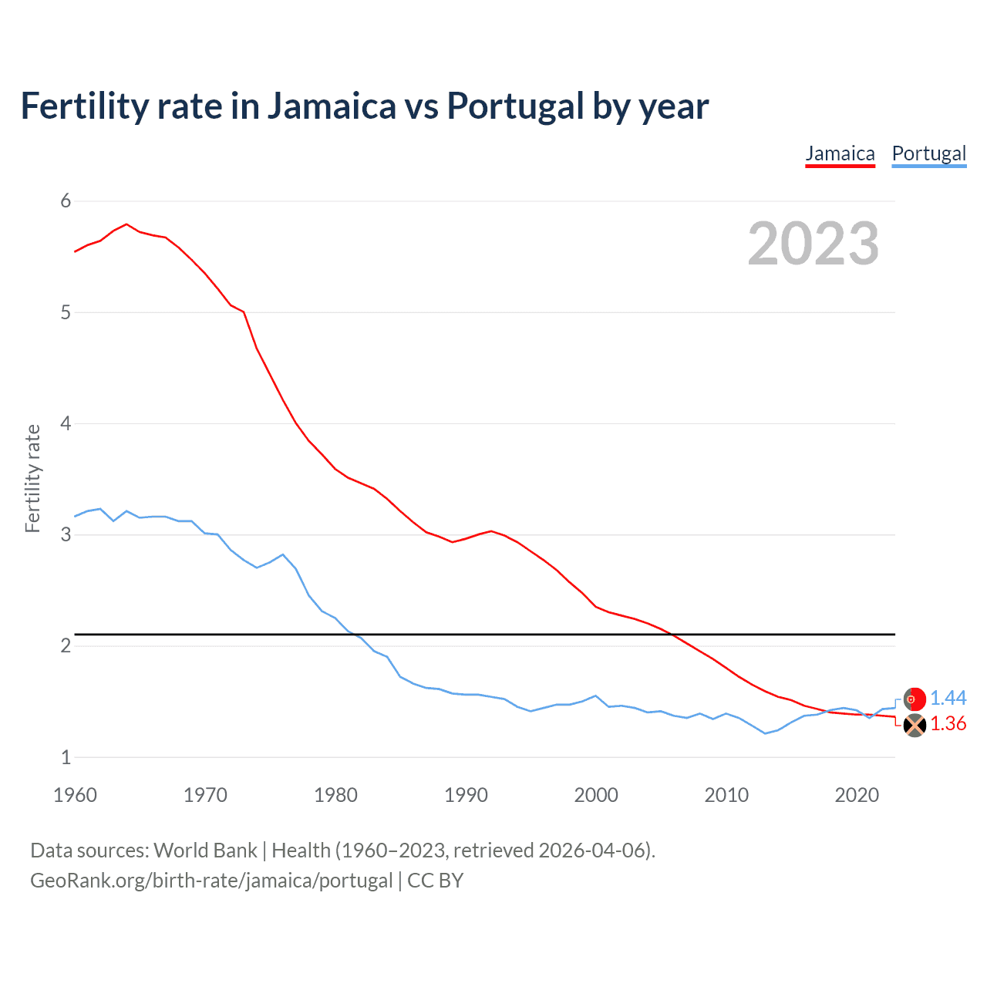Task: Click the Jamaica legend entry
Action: tap(840, 153)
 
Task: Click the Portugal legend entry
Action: tap(928, 153)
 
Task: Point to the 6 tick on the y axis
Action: tap(66, 201)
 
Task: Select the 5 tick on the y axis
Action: tap(66, 312)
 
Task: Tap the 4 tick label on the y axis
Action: tap(66, 423)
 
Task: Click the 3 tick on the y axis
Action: tap(66, 534)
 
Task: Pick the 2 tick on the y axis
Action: tap(66, 645)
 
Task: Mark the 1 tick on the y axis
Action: tap(66, 757)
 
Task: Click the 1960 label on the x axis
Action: tap(75, 795)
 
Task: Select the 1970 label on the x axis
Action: tap(205, 795)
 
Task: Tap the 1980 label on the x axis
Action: tap(335, 795)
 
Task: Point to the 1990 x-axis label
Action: tap(466, 795)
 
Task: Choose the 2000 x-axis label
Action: tap(596, 795)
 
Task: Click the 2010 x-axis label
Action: tap(726, 795)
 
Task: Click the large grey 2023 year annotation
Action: tap(813, 244)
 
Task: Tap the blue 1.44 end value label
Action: tap(948, 698)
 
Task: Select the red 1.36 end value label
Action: tap(948, 723)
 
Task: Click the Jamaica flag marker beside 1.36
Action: tap(915, 725)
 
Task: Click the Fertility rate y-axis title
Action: tap(32, 478)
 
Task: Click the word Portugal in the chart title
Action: tap(515, 106)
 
